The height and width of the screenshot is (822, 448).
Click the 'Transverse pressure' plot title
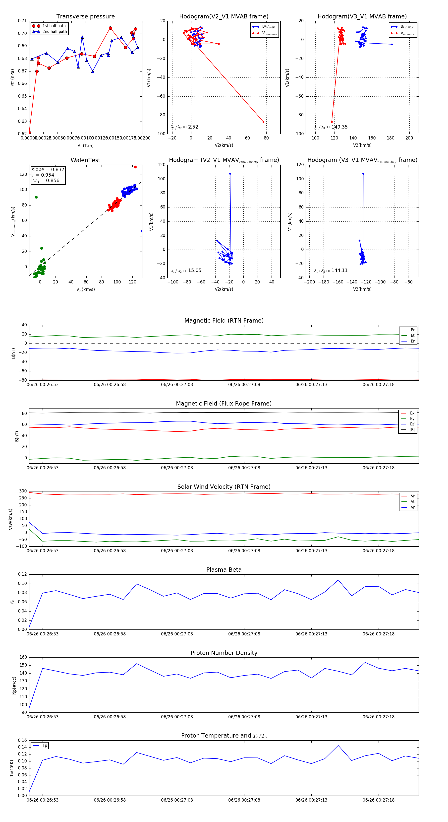pos(85,17)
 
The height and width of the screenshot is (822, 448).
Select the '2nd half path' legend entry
pos(55,32)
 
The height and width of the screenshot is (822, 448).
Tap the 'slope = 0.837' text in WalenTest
pos(48,169)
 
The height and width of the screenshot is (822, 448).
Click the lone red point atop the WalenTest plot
pos(135,167)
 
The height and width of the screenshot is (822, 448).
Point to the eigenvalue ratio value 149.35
pos(339,127)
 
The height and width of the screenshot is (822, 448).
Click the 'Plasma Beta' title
pos(224,570)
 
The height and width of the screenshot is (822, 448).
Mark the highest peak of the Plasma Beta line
pos(338,580)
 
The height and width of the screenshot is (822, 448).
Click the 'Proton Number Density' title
pos(224,653)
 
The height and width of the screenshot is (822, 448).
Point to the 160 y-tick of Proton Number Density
pos(23,657)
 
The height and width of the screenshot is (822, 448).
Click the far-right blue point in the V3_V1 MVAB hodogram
pos(392,44)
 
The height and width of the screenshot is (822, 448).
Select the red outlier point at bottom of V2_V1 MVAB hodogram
pos(263,122)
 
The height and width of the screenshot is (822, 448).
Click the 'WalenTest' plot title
pos(85,160)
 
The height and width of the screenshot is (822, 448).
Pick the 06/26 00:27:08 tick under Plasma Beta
pos(244,634)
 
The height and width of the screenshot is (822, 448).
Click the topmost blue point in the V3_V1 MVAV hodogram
pos(363,174)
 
